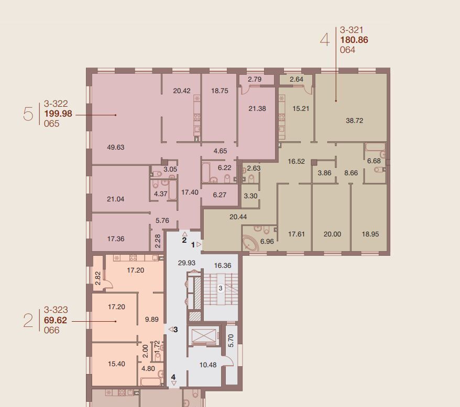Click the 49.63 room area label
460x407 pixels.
116,147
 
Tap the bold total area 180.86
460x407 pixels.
354,40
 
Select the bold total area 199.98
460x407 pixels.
58,114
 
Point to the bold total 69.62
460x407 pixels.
56,320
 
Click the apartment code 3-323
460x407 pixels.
56,310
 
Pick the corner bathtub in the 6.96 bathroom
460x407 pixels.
250,243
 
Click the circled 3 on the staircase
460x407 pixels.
221,288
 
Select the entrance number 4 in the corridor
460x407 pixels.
173,377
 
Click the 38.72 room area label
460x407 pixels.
354,120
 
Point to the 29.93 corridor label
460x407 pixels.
187,263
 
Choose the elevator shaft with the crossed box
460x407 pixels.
204,336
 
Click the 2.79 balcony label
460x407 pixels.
255,79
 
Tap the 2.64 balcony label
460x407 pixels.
297,79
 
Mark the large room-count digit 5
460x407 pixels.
28,114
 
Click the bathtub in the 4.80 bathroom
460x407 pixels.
150,381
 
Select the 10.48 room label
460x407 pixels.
208,365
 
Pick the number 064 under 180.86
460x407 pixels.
348,50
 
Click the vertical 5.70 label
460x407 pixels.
231,341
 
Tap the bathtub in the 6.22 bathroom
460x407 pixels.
206,172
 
